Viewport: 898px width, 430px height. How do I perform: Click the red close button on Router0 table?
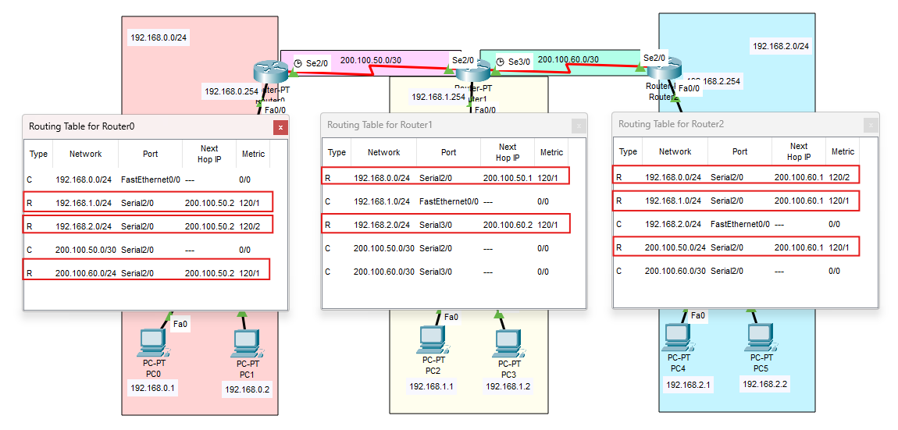click(281, 126)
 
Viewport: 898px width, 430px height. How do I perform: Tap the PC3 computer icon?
click(508, 341)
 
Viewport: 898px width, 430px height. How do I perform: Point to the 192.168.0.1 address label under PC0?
click(152, 387)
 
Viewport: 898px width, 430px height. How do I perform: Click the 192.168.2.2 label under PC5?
click(764, 384)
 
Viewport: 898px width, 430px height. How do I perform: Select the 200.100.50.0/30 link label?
click(370, 60)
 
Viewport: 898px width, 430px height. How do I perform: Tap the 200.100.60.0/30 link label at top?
click(568, 59)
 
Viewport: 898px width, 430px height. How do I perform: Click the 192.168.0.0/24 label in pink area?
click(159, 37)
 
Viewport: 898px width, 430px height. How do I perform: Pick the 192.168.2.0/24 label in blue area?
click(780, 46)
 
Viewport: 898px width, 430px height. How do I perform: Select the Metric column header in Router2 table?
click(843, 151)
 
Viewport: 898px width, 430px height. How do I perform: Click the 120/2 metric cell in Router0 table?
click(251, 226)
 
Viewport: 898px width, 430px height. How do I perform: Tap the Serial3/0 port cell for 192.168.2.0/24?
click(437, 225)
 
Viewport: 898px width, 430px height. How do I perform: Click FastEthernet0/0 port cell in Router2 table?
click(739, 224)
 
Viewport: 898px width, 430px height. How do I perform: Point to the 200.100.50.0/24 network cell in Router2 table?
click(675, 247)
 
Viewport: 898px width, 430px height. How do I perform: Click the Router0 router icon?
click(271, 72)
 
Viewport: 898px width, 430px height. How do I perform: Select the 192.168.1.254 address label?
click(438, 97)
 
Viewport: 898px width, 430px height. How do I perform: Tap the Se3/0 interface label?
click(518, 62)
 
